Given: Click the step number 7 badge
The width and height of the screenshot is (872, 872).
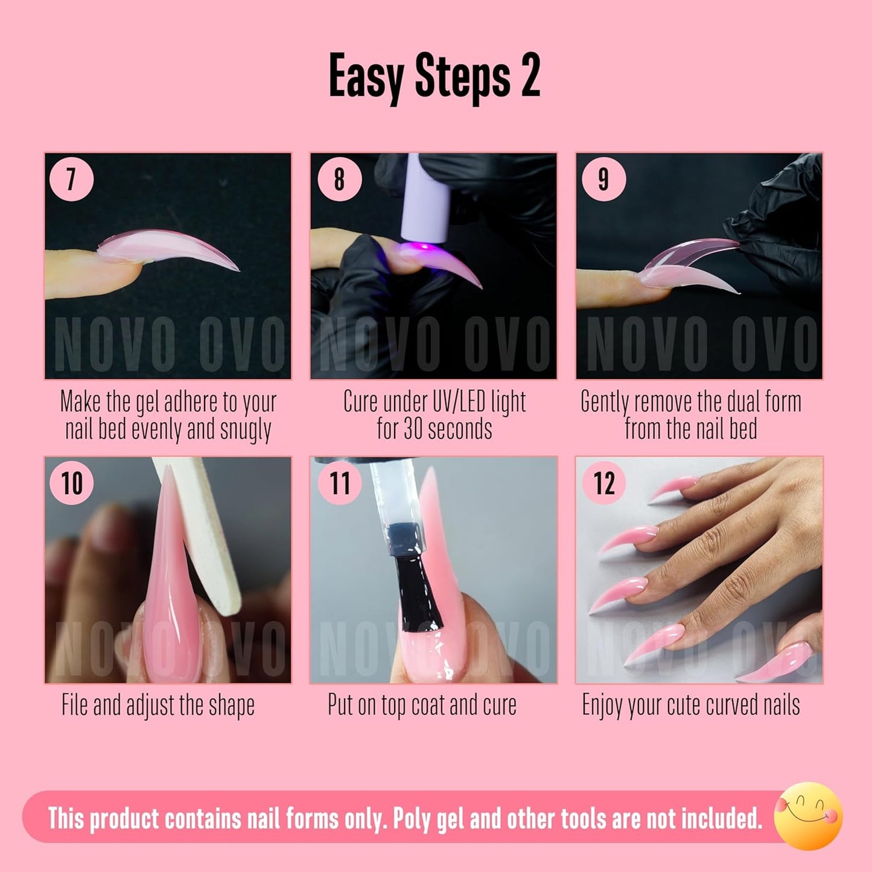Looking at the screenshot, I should pyautogui.click(x=71, y=179).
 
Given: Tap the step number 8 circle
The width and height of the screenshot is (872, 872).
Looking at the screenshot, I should pyautogui.click(x=339, y=179).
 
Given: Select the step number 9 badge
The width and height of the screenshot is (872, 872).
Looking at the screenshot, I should pyautogui.click(x=603, y=179).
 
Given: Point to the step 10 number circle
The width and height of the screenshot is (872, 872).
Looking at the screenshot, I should pyautogui.click(x=71, y=483).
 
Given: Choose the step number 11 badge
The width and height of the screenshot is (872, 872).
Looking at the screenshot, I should pyautogui.click(x=339, y=483).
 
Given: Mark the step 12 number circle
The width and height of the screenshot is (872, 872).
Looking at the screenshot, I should pyautogui.click(x=603, y=483).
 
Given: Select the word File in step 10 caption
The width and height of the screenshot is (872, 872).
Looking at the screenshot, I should pyautogui.click(x=75, y=704).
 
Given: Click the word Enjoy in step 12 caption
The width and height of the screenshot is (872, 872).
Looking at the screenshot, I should pyautogui.click(x=603, y=705).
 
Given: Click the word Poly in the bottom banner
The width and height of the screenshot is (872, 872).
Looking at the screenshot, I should pyautogui.click(x=411, y=819).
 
